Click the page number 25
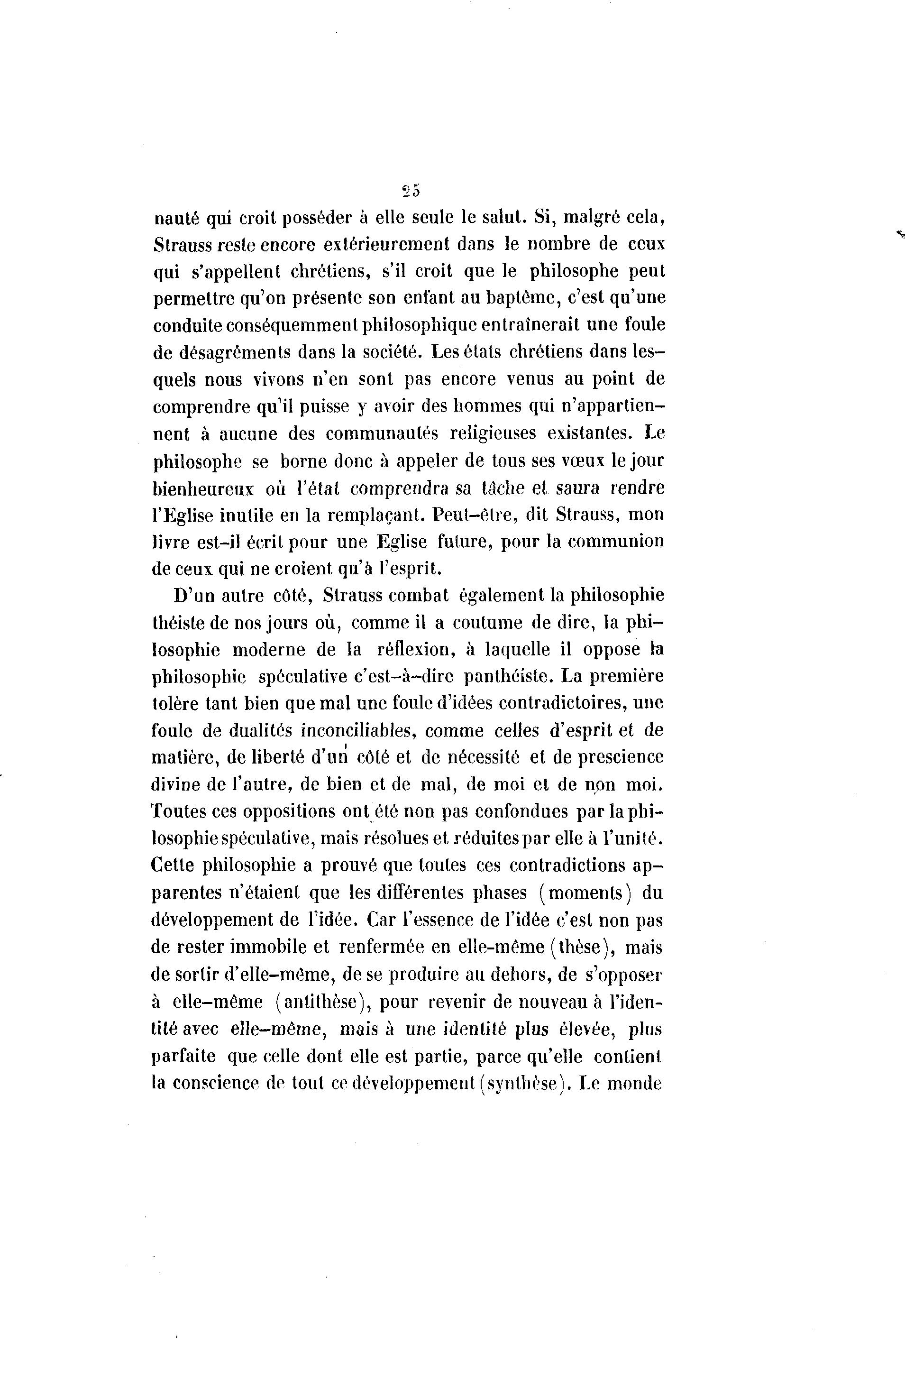411,191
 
